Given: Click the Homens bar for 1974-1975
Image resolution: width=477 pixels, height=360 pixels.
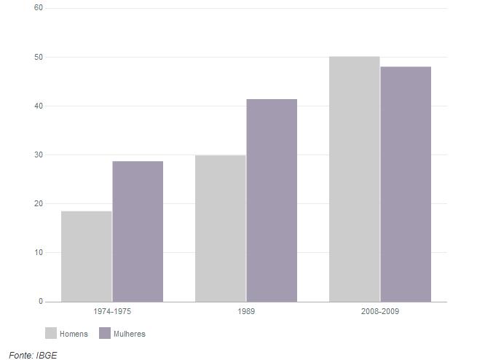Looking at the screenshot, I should point(87,256).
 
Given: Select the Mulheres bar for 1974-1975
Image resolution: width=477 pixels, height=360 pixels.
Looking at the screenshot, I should point(138,231).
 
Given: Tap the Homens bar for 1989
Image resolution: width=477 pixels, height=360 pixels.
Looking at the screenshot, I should point(221,228).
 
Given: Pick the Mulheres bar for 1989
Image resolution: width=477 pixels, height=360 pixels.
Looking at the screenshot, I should point(272,200).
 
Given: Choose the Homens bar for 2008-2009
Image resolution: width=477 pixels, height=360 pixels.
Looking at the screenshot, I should point(354,179).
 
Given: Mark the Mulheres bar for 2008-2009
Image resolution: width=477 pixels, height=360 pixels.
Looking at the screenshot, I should point(406,184).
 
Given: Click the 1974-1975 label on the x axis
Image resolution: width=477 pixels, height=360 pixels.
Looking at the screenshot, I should point(112,311).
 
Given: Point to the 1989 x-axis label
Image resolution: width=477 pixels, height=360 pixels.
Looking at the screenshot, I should point(246,311).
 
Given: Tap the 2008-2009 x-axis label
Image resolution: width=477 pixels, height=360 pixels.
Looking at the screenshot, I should point(380,311).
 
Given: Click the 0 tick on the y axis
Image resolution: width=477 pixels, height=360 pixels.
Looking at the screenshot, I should point(41,301).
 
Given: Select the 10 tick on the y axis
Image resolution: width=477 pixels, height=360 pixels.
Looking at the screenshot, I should point(39,252).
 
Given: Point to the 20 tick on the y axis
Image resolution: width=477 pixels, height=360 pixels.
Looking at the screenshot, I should point(39,203).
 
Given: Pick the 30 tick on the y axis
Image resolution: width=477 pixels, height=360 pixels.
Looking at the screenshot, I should point(39,154).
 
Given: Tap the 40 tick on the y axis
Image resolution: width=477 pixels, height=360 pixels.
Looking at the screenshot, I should point(39,106).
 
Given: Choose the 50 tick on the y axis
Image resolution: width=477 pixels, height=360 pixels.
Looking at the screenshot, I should point(39,57).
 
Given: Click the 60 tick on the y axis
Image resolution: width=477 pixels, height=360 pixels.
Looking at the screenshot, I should point(39,8).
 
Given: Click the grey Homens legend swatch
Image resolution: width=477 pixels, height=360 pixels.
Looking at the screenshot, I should point(51,334).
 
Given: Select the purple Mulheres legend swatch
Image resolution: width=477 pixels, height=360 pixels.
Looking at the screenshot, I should point(105,334).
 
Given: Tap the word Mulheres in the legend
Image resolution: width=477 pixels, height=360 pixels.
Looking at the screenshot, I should point(130,334).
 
